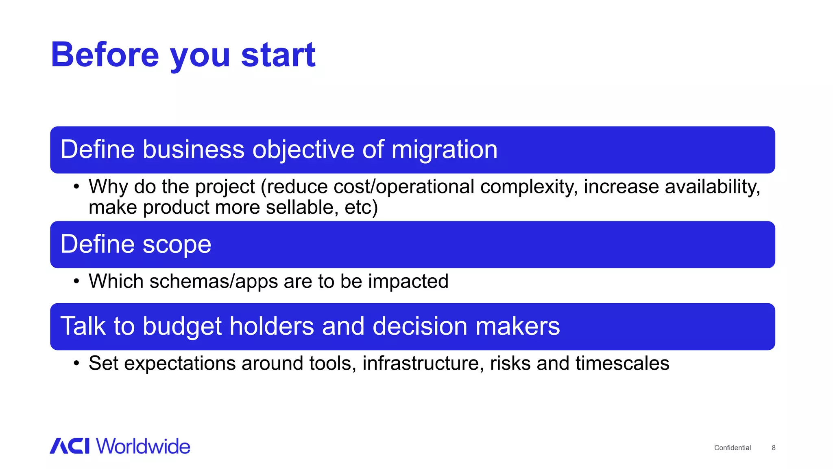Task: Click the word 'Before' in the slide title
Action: coord(105,55)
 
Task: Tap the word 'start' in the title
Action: coord(278,55)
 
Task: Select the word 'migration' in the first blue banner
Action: coord(444,149)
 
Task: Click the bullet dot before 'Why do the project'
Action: coord(76,187)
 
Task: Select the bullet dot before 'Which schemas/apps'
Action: coord(76,282)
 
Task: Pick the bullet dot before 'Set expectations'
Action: coord(76,364)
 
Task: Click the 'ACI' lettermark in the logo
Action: coord(70,446)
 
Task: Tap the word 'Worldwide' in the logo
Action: coord(143,446)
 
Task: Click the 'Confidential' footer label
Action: coord(732,448)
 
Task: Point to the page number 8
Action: coord(773,448)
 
